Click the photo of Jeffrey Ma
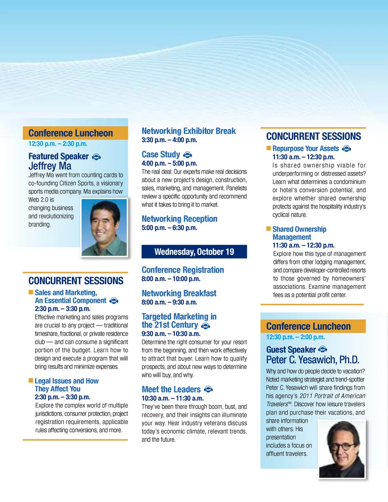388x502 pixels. coord(104,227)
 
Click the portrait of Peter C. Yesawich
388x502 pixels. coord(342,449)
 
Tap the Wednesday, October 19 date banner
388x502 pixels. coord(194,252)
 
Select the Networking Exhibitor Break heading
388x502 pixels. coord(189,131)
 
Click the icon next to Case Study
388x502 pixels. coord(188,155)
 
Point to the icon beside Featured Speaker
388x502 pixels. coord(96,157)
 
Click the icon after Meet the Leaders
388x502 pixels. coord(208,389)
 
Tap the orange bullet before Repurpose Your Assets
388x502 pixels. coord(268,148)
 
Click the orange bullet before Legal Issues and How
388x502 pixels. coord(31,380)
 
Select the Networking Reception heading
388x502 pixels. coord(179,219)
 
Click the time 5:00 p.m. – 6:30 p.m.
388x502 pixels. coord(169,228)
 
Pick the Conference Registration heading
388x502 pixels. coord(183,270)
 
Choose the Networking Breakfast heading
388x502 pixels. coord(179,293)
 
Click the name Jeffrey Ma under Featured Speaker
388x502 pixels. coord(50,166)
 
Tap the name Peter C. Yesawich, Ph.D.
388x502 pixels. coord(312,360)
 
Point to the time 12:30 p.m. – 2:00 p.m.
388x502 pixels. coord(295,337)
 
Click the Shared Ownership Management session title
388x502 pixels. coord(299,233)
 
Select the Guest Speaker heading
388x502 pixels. coord(291,350)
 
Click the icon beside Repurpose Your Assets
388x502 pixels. coord(346,149)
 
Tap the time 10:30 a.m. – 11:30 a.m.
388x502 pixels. coord(173,398)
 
